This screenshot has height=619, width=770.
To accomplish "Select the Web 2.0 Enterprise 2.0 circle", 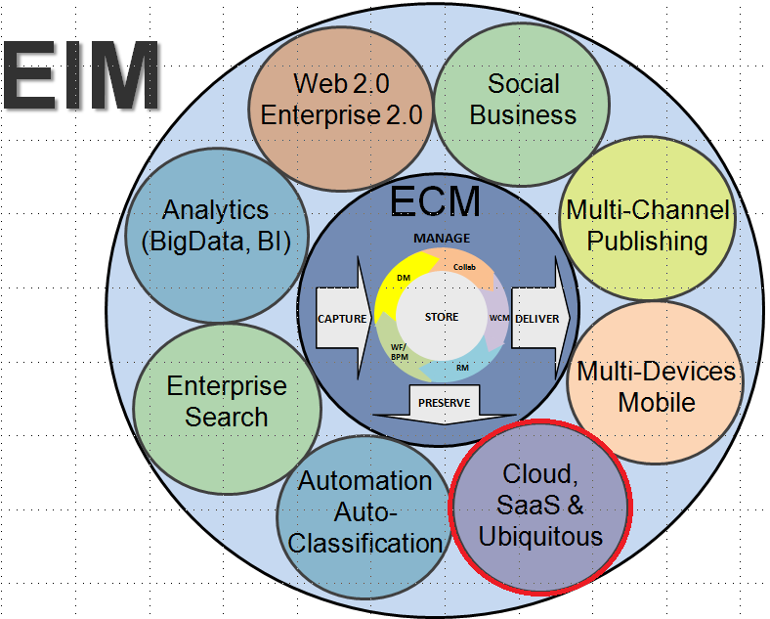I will [x=341, y=99].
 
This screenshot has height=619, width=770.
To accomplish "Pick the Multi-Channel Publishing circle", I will [x=648, y=224].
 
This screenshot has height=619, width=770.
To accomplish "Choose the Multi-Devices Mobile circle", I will [x=656, y=385].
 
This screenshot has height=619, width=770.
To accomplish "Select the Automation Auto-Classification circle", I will [x=364, y=511].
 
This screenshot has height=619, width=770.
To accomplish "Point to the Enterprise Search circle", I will [x=227, y=400].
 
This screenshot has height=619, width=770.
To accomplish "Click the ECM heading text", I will [x=435, y=201].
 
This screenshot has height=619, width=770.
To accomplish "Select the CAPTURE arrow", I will [x=342, y=318].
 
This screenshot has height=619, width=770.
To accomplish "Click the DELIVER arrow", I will [x=536, y=318].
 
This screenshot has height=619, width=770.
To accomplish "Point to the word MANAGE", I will [x=441, y=239].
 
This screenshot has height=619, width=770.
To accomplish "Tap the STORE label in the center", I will [x=442, y=317].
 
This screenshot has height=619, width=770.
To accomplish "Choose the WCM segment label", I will [x=498, y=318].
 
